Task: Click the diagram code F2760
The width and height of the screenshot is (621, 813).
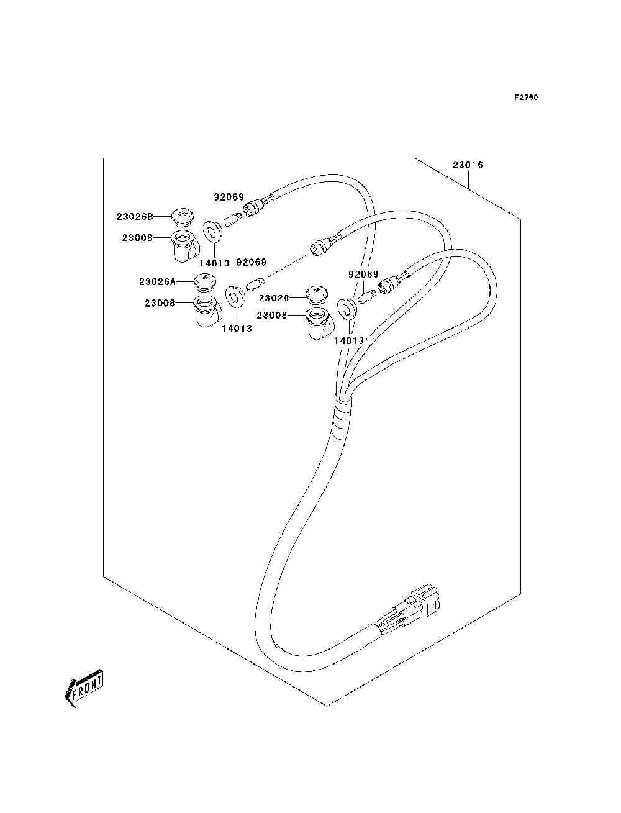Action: pyautogui.click(x=526, y=98)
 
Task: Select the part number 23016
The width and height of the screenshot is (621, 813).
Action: pyautogui.click(x=468, y=165)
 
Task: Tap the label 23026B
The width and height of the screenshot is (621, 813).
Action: pyautogui.click(x=135, y=217)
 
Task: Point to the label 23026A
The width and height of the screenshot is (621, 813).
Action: pyautogui.click(x=157, y=282)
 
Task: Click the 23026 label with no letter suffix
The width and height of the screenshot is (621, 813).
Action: pyautogui.click(x=274, y=298)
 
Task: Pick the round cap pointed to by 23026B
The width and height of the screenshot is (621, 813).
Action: pyautogui.click(x=181, y=217)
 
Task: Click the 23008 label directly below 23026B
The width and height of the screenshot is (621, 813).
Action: pyautogui.click(x=137, y=238)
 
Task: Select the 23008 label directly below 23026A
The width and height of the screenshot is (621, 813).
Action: pyautogui.click(x=160, y=303)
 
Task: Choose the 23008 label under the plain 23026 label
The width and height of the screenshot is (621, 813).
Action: pyautogui.click(x=272, y=315)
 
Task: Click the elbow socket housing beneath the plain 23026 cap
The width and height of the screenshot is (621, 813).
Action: pyautogui.click(x=319, y=324)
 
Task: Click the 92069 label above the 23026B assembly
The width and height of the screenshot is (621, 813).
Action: pyautogui.click(x=229, y=197)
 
